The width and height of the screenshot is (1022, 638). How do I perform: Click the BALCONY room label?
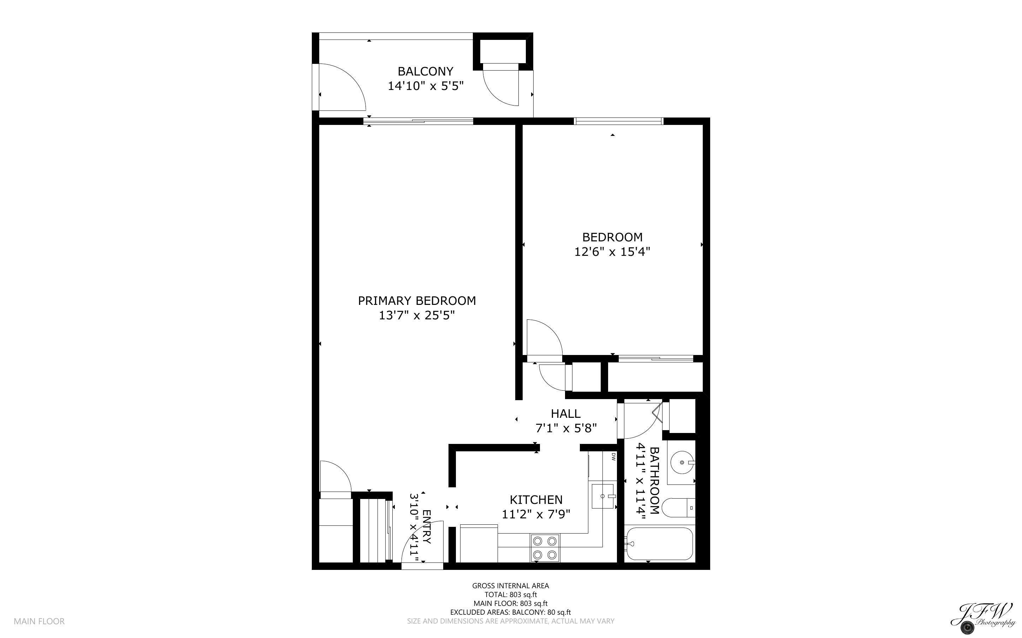(x=425, y=71)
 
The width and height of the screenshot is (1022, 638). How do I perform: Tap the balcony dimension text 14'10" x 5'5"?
(x=425, y=86)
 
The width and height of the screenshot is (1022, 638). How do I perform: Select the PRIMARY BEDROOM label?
(x=417, y=301)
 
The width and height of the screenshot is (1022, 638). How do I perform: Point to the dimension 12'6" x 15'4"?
(x=612, y=252)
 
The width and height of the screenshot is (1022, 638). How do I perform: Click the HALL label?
(x=565, y=414)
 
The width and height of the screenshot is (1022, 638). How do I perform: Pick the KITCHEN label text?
(x=536, y=500)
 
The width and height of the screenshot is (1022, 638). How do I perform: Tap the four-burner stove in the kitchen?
(x=545, y=548)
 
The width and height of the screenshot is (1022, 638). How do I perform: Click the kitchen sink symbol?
(x=603, y=496)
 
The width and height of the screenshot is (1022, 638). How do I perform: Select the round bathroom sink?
(x=681, y=462)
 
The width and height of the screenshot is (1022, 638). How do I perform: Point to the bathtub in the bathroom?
(x=659, y=543)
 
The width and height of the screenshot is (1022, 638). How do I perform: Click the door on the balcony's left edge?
(x=340, y=89)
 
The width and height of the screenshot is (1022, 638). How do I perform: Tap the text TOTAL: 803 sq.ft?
(x=510, y=595)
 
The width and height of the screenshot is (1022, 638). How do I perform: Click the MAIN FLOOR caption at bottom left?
(x=39, y=621)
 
